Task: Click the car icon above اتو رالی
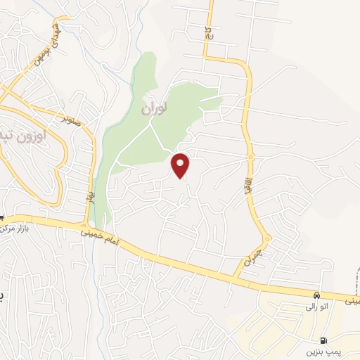point(317,295)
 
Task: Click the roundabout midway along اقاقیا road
point(249,155)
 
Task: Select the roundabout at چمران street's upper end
point(267,239)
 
